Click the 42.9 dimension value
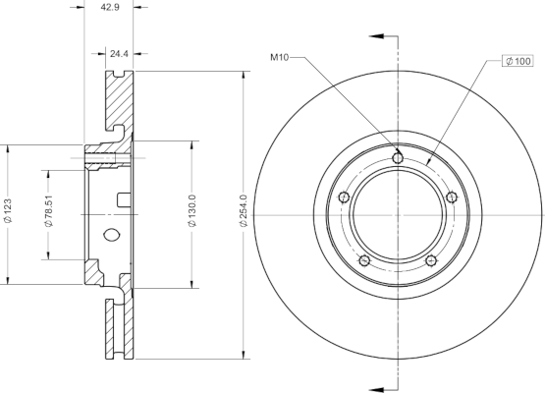110,7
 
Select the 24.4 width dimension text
119,54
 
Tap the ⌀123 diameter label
8,211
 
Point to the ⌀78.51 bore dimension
49,211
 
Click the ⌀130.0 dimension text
192,211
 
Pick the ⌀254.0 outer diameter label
244,211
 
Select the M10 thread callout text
280,57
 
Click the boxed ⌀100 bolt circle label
518,61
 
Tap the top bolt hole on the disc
398,158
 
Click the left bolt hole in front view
344,197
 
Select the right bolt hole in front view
451,197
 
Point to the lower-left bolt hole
364,260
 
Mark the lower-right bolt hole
431,260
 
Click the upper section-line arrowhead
376,36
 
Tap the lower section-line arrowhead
376,389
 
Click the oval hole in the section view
112,235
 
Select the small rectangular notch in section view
124,200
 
